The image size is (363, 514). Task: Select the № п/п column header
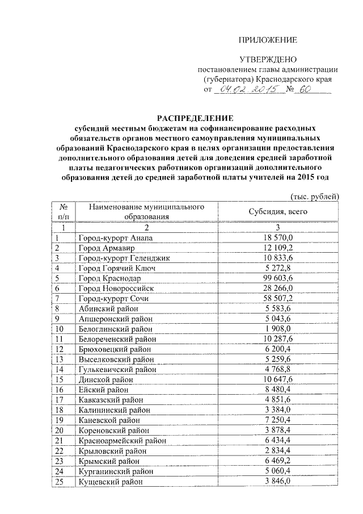click(64, 212)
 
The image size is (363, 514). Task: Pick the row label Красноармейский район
click(123, 441)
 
